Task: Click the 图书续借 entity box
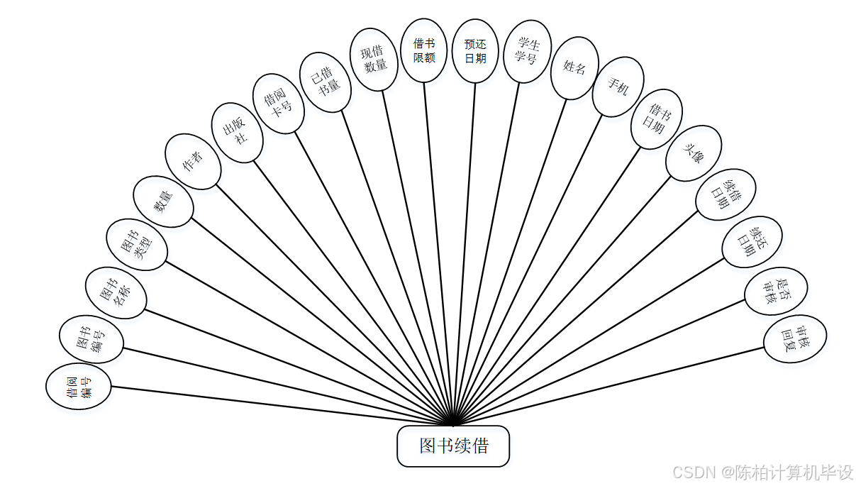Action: click(453, 446)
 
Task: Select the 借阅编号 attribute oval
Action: click(79, 387)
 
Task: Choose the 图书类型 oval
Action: click(138, 245)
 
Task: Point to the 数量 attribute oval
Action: click(164, 202)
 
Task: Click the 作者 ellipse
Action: click(193, 162)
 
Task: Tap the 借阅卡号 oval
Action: click(279, 103)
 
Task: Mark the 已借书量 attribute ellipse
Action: click(325, 81)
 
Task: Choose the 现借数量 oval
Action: click(374, 60)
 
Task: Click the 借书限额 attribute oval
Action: click(424, 50)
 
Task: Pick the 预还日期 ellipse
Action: click(475, 51)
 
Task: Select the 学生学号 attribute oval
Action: click(528, 52)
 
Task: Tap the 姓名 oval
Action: click(574, 67)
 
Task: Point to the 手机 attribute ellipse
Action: click(618, 87)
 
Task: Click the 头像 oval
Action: click(694, 153)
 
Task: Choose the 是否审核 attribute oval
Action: click(776, 291)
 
